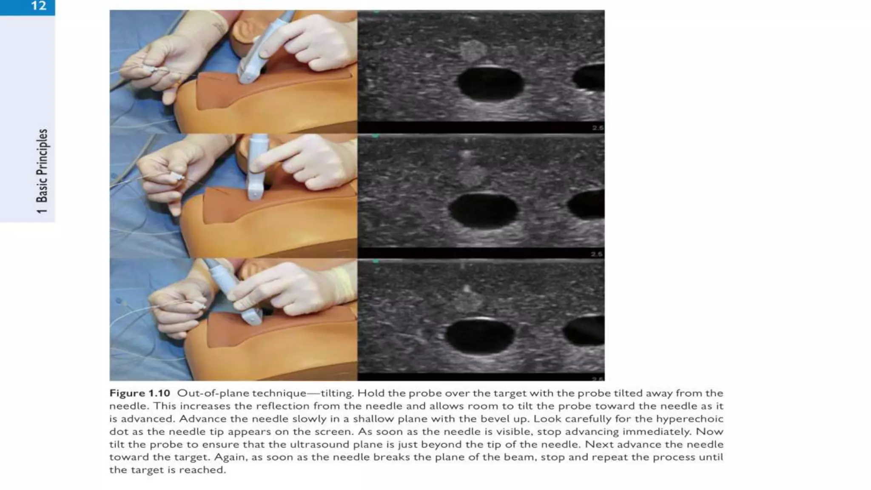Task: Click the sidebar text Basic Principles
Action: click(42, 165)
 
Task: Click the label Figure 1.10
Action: click(139, 393)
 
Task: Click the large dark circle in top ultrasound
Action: click(490, 83)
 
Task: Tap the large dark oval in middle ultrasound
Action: click(484, 210)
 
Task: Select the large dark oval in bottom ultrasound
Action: click(480, 336)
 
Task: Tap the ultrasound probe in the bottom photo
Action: click(234, 293)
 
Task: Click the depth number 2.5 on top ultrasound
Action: click(598, 128)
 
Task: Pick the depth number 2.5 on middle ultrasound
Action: click(597, 254)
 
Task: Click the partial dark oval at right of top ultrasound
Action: click(589, 77)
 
